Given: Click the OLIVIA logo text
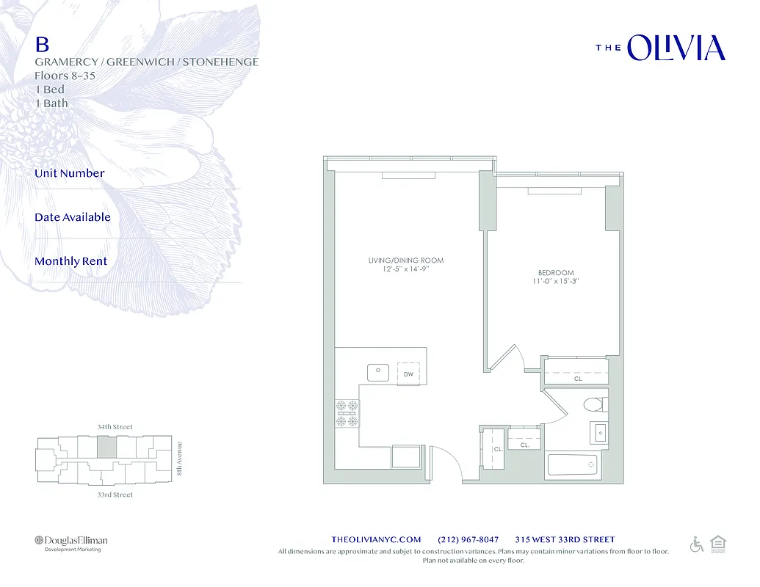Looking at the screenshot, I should [x=676, y=48].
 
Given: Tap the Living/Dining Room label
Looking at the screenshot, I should [x=405, y=260].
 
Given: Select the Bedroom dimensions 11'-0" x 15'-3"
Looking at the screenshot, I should [x=556, y=281].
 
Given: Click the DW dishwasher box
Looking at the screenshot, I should [x=408, y=373].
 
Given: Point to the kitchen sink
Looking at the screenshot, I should [x=378, y=372].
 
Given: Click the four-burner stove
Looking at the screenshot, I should [x=347, y=413].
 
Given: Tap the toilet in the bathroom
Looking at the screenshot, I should [x=593, y=404].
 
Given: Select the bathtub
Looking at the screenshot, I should [x=573, y=465].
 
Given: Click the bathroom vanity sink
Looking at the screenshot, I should [x=600, y=433].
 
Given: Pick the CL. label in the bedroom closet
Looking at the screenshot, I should [x=578, y=379].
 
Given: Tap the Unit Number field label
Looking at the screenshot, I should [x=70, y=173].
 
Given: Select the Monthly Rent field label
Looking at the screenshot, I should [x=70, y=261].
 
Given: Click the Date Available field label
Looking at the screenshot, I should [x=73, y=217].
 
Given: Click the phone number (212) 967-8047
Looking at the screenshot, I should [x=468, y=540].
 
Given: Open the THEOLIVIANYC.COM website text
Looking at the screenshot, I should [x=377, y=540].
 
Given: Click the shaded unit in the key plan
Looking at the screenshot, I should [x=106, y=448].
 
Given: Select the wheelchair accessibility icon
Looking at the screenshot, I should [x=696, y=544].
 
